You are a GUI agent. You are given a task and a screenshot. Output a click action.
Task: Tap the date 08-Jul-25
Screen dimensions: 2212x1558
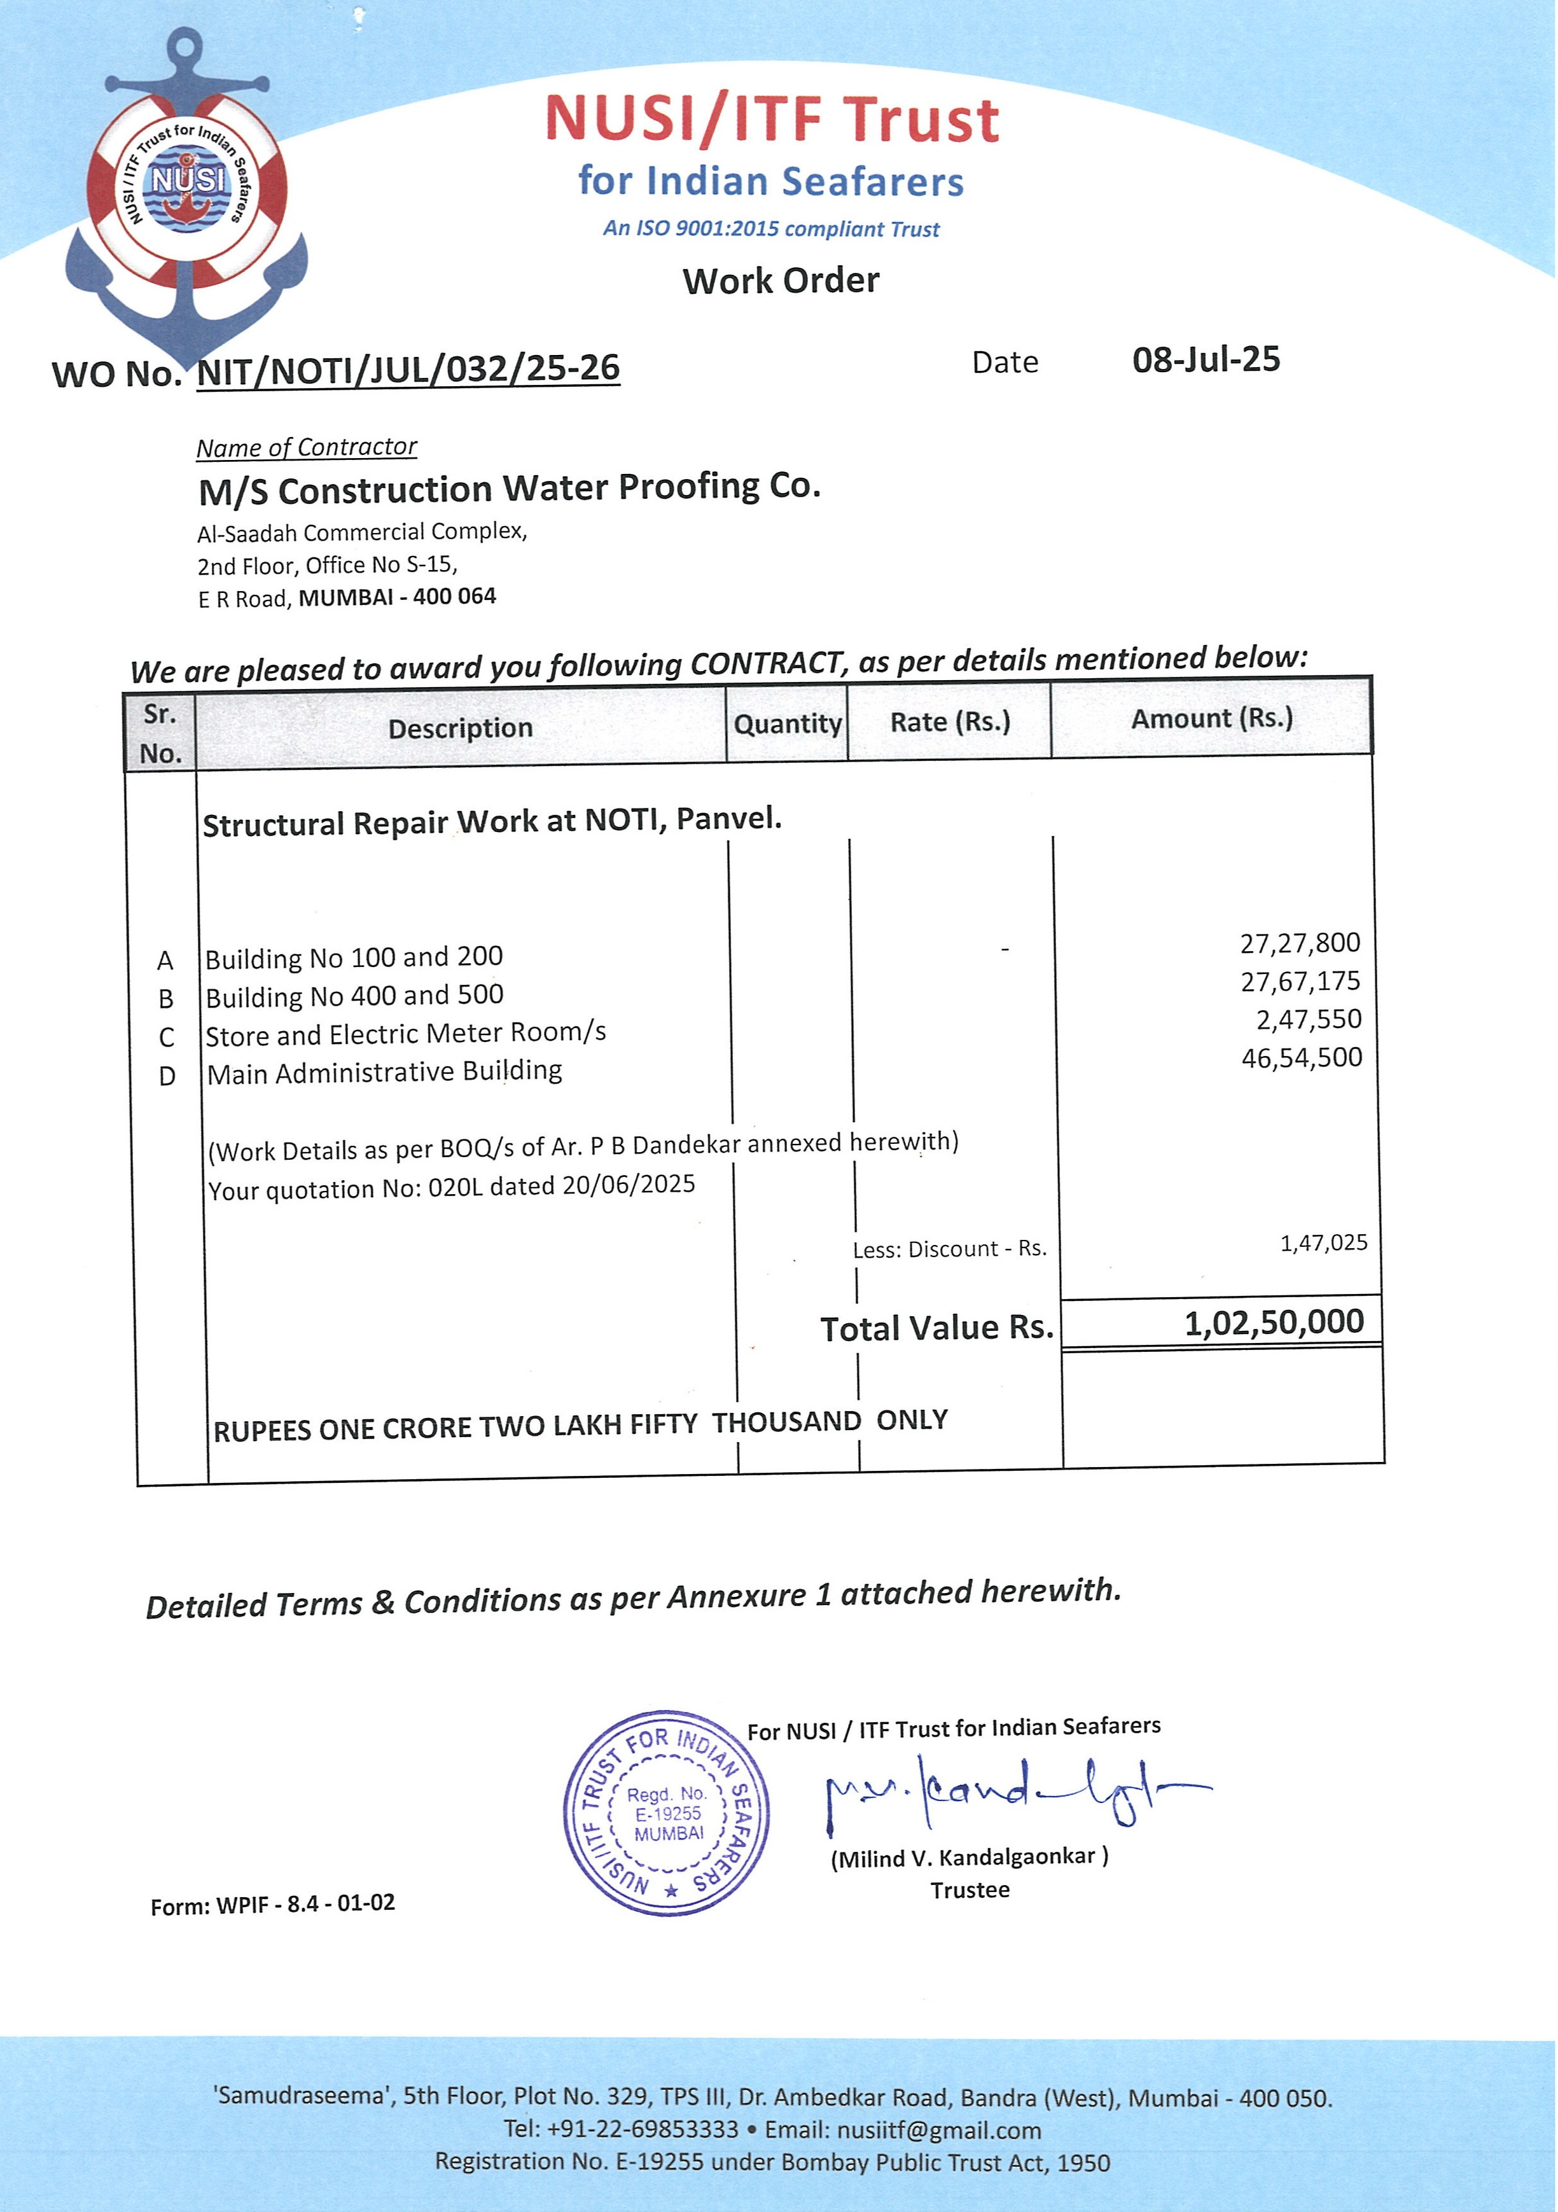pyautogui.click(x=1206, y=360)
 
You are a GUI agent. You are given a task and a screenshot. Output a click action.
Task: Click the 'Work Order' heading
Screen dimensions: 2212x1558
pyautogui.click(x=781, y=281)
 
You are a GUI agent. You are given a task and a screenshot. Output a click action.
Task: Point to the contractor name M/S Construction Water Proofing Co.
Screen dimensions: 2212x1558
pyautogui.click(x=509, y=489)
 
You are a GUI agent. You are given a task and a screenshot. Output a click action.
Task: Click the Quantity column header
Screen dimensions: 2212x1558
pyautogui.click(x=787, y=723)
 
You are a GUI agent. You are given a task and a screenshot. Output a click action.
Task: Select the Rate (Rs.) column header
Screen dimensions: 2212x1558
pyautogui.click(x=949, y=721)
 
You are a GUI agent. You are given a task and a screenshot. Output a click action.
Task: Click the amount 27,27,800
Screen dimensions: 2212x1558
pyautogui.click(x=1300, y=942)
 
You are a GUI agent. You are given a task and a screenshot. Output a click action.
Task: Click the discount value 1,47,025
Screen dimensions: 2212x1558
pyautogui.click(x=1323, y=1243)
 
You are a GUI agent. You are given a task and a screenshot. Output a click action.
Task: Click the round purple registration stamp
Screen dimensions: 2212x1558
pyautogui.click(x=667, y=1813)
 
